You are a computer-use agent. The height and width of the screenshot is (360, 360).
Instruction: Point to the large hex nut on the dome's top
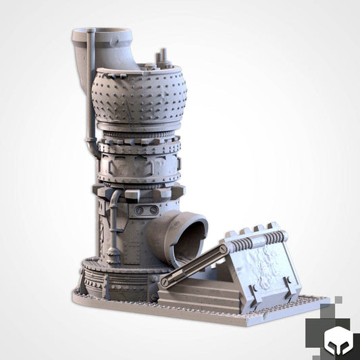pos(148,65)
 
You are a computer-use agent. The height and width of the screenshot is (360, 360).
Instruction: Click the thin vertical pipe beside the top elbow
pos(89,88)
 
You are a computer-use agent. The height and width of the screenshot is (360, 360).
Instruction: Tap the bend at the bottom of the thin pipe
pos(93,146)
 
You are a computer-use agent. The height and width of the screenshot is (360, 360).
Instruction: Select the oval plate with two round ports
pos(144,210)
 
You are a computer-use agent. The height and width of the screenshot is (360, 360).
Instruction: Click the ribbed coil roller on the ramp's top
pos(257,238)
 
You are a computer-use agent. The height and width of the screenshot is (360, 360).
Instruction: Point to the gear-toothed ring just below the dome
pos(138,134)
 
